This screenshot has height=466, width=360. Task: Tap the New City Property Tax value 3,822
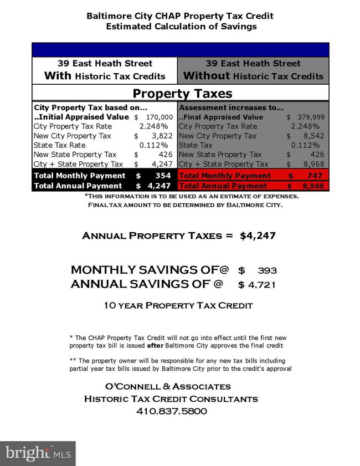164,136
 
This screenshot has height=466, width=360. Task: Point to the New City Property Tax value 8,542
315,136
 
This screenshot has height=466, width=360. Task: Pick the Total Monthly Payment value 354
163,176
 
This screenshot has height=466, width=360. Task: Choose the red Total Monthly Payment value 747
313,176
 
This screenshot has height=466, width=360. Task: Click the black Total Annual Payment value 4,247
160,186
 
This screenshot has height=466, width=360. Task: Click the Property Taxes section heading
183,93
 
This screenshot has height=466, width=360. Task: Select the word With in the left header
58,76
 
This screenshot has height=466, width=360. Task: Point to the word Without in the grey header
207,76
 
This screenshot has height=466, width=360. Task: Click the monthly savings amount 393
268,270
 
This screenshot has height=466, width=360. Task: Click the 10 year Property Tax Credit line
178,305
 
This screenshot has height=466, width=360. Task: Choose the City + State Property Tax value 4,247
163,164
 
